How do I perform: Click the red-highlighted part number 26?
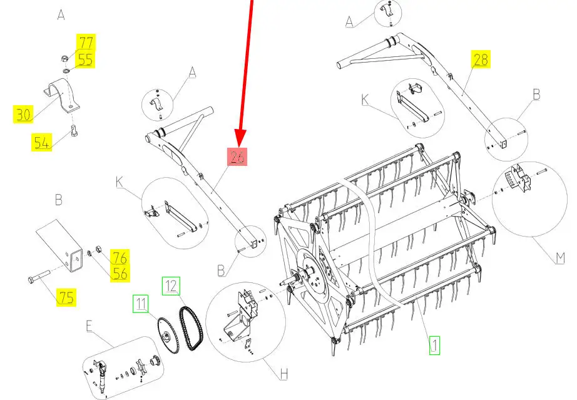(x=237, y=156)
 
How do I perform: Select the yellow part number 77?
(x=86, y=43)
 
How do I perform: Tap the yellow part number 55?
(x=85, y=59)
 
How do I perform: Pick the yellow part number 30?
(x=23, y=114)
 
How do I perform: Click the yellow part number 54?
(x=41, y=143)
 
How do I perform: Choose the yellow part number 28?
(x=481, y=59)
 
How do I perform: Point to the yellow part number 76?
(x=120, y=257)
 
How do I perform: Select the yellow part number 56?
(x=120, y=274)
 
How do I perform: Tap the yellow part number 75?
(x=66, y=297)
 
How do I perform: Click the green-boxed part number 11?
(x=141, y=304)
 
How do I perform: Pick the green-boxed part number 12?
(x=171, y=286)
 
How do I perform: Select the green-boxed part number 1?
(x=434, y=346)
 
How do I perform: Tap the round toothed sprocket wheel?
(x=168, y=336)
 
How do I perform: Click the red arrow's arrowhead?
(x=240, y=138)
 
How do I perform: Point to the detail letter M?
(x=559, y=257)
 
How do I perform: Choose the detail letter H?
(x=283, y=374)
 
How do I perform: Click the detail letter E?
(x=89, y=326)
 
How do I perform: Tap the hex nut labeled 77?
(x=64, y=58)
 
